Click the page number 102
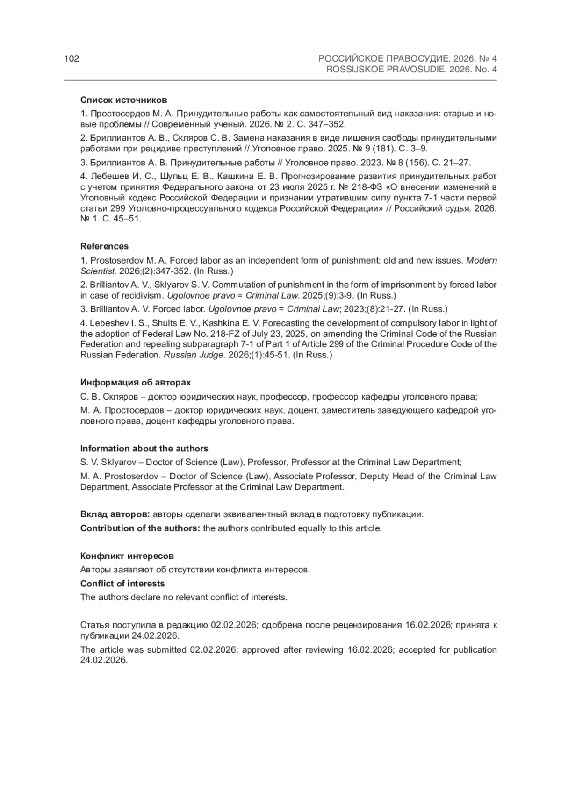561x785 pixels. pyautogui.click(x=72, y=59)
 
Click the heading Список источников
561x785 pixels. pyautogui.click(x=123, y=100)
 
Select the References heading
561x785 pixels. pyautogui.click(x=104, y=246)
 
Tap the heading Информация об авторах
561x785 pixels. pyautogui.click(x=136, y=383)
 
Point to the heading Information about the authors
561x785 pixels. pyautogui.click(x=144, y=449)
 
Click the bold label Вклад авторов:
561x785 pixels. pyautogui.click(x=115, y=514)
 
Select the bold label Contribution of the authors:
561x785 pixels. pyautogui.click(x=140, y=528)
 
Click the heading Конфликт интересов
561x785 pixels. pyautogui.click(x=127, y=556)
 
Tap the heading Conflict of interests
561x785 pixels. pyautogui.click(x=122, y=584)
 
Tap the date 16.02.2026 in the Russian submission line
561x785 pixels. pyautogui.click(x=427, y=625)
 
